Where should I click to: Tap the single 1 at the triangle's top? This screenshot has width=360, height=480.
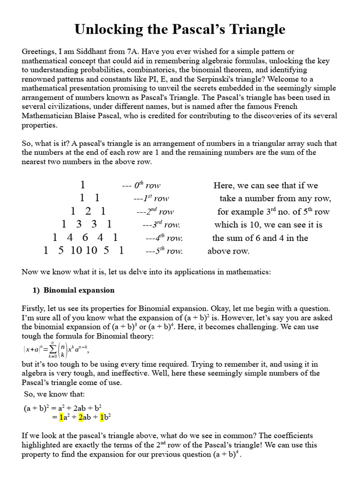(x=83, y=185)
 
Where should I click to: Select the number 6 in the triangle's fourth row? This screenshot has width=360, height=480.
(x=85, y=237)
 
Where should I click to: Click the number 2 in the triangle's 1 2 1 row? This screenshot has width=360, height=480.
(x=88, y=211)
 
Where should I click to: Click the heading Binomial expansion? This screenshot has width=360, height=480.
(x=79, y=290)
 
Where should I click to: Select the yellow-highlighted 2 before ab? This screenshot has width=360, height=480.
(x=81, y=416)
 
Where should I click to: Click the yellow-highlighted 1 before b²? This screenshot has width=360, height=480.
(x=102, y=416)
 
